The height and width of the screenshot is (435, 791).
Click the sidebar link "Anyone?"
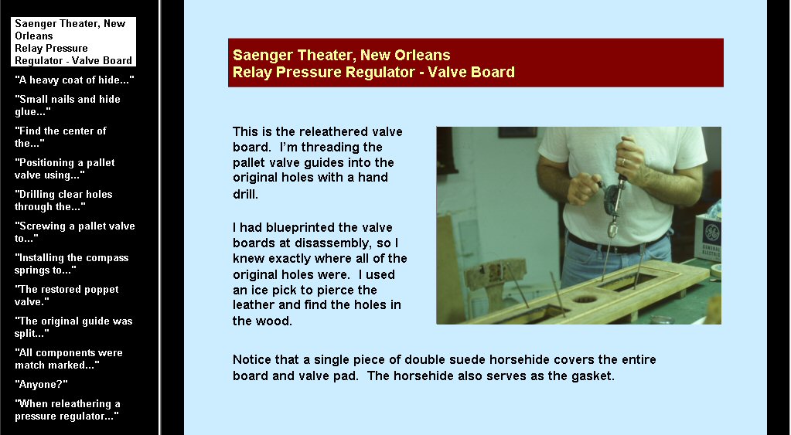pyautogui.click(x=41, y=384)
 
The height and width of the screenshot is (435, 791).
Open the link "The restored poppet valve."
pyautogui.click(x=66, y=295)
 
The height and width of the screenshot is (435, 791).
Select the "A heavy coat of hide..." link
pyautogui.click(x=74, y=80)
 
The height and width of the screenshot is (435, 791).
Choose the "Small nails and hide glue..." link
pyautogui.click(x=67, y=105)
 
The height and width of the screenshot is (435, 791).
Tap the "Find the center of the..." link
pyautogui.click(x=60, y=137)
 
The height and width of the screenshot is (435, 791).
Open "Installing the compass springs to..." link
pyautogui.click(x=72, y=263)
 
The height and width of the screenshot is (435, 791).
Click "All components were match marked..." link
pyautogui.click(x=69, y=359)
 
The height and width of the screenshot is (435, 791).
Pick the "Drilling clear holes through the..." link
pyautogui.click(x=63, y=200)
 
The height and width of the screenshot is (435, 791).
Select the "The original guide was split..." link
pyautogui.click(x=73, y=327)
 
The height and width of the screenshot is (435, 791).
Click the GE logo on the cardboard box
pyautogui.click(x=711, y=233)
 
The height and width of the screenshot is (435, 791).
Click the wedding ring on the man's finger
pyautogui.click(x=624, y=162)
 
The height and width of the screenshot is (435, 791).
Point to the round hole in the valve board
pyautogui.click(x=585, y=300)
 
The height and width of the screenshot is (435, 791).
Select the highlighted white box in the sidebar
pyautogui.click(x=73, y=42)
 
